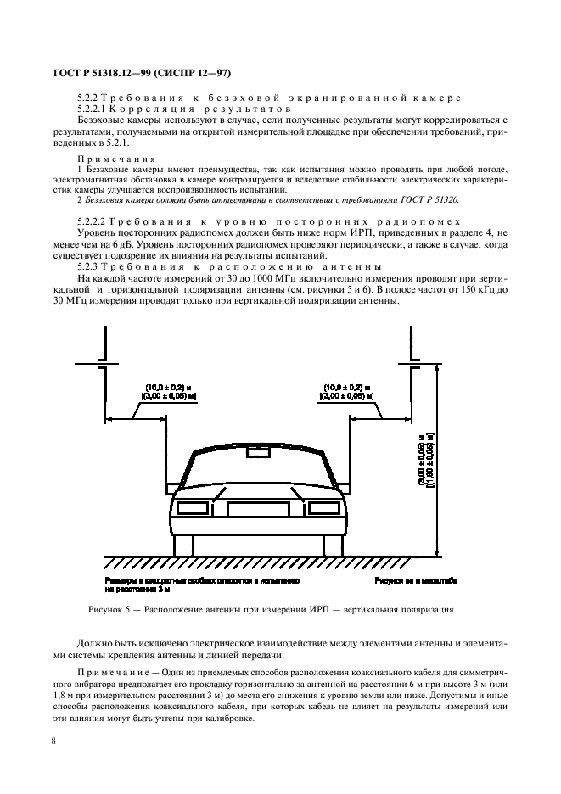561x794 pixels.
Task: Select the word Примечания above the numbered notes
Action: click(115, 159)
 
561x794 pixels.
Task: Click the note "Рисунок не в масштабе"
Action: click(416, 581)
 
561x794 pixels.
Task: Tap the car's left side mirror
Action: click(170, 487)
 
